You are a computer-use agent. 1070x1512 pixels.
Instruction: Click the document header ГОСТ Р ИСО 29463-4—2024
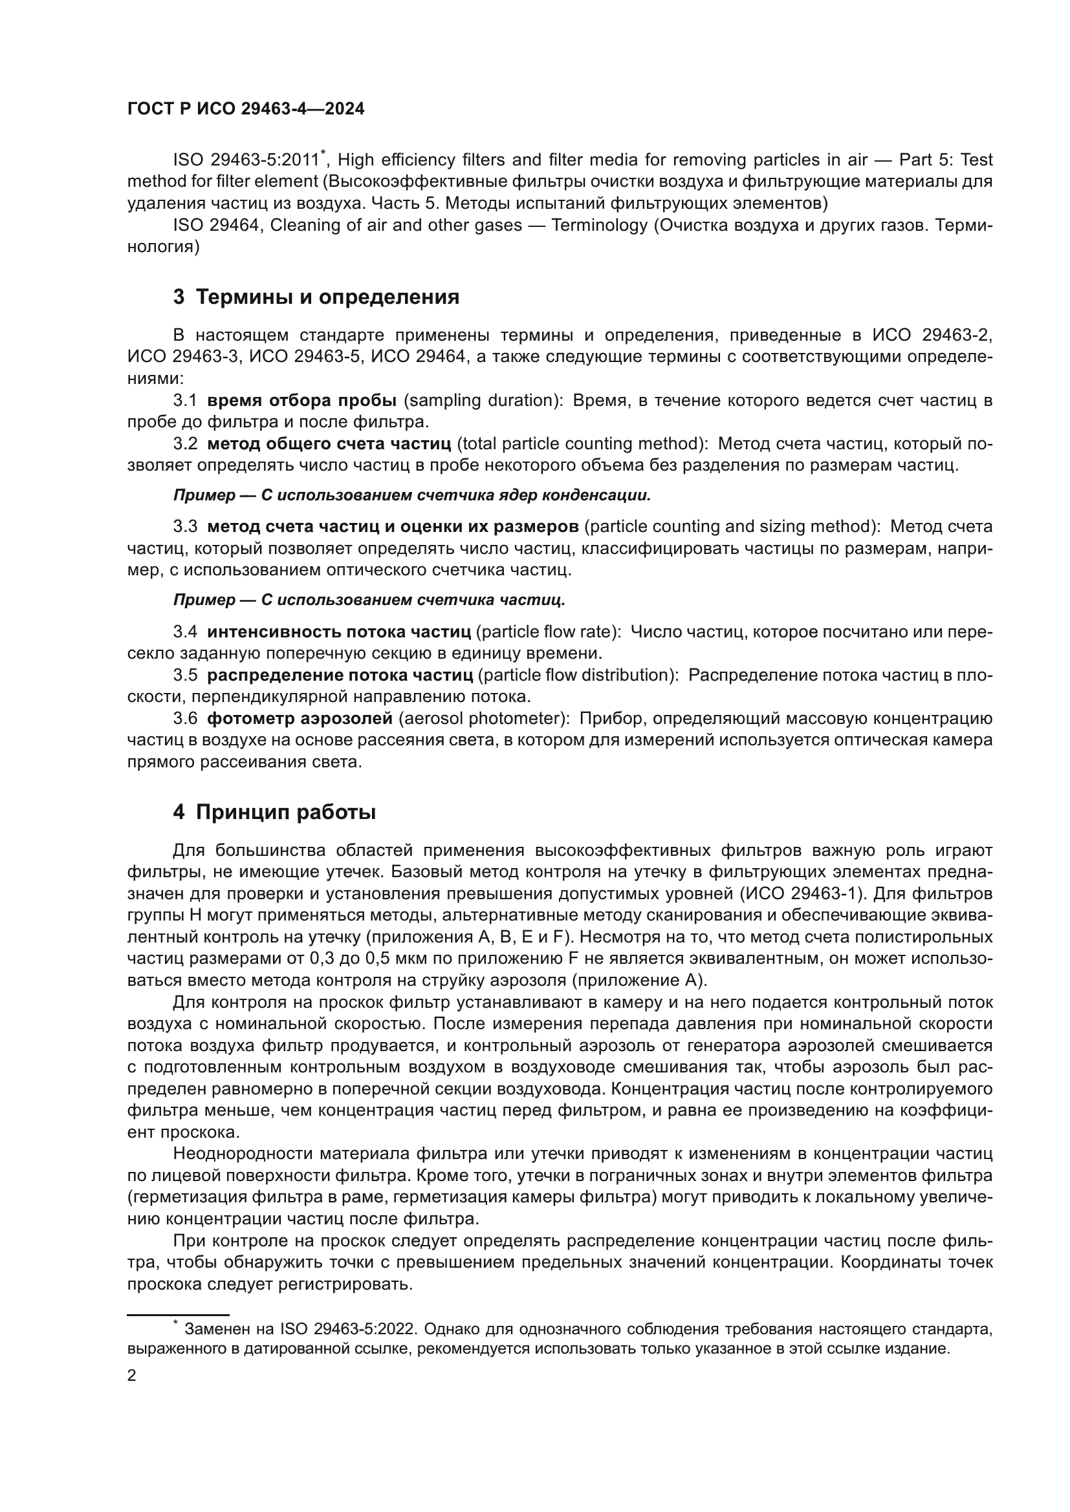coord(246,109)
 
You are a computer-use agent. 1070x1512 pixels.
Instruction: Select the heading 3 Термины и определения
coord(316,297)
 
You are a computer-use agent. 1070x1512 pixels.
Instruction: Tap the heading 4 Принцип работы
coord(274,812)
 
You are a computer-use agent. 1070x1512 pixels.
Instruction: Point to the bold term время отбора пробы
coord(301,400)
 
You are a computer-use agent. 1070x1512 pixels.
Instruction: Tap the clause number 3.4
coord(185,632)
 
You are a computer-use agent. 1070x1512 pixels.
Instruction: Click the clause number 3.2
coord(185,444)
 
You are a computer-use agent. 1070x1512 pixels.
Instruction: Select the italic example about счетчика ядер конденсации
coord(412,495)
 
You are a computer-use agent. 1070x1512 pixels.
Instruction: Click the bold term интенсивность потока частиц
coord(338,632)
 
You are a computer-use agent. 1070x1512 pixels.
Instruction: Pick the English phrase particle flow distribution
coord(578,675)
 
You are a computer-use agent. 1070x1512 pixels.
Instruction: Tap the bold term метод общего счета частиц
coord(329,444)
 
